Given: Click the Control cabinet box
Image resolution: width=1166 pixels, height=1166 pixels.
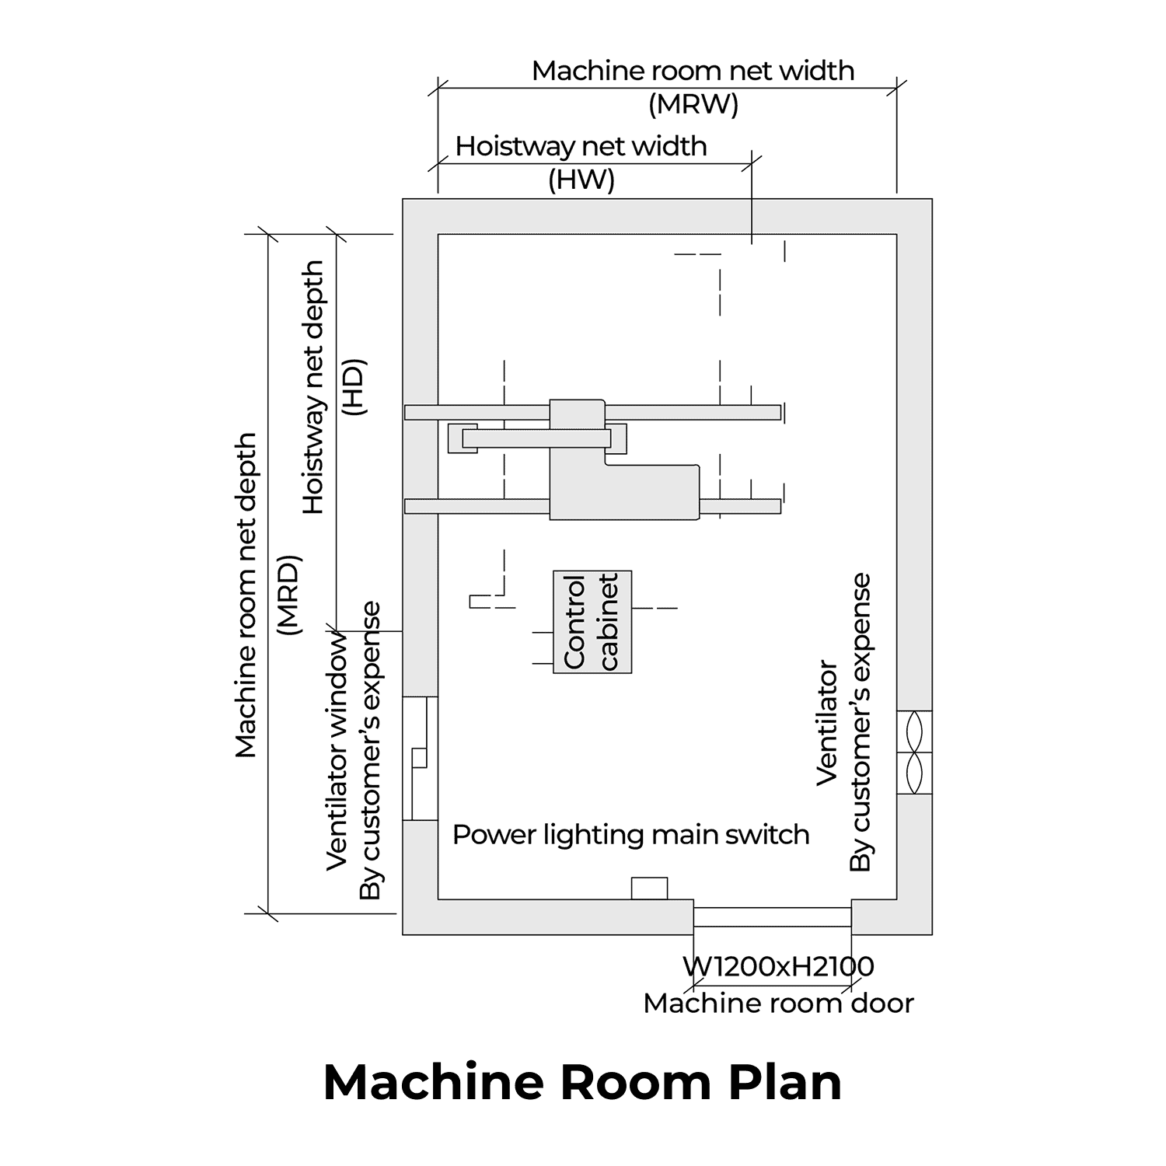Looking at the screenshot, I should (592, 622).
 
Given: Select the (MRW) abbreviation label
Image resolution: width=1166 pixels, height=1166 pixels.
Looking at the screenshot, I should (693, 104).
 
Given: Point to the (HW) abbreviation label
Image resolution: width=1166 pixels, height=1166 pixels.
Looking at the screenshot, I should (581, 180).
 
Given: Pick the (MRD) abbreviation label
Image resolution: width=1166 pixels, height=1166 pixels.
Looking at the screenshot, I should (289, 595).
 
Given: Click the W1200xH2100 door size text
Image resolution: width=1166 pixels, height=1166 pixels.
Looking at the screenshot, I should (778, 966).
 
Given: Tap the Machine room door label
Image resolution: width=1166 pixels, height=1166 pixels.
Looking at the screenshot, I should (778, 1004).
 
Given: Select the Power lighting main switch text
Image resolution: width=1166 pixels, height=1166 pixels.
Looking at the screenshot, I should (630, 835).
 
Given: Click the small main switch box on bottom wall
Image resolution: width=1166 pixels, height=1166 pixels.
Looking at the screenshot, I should (649, 888).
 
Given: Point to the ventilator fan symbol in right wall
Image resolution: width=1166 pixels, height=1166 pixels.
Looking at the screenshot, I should (914, 752).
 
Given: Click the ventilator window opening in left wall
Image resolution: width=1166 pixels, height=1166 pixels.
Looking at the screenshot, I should (420, 759).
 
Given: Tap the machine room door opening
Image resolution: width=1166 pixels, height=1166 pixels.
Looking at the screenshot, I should (772, 916).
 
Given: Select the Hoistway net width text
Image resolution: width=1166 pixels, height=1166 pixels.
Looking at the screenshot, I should (581, 146).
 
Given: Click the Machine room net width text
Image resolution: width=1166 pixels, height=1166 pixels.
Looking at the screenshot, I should (693, 71).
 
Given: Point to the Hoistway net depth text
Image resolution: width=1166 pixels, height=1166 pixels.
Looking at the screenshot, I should (313, 387).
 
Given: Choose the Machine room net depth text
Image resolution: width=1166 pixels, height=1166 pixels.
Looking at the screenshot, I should (246, 595).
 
